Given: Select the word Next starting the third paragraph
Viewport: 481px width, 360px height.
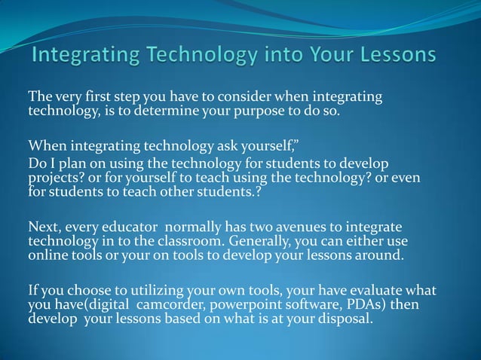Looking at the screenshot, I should point(42,227).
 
